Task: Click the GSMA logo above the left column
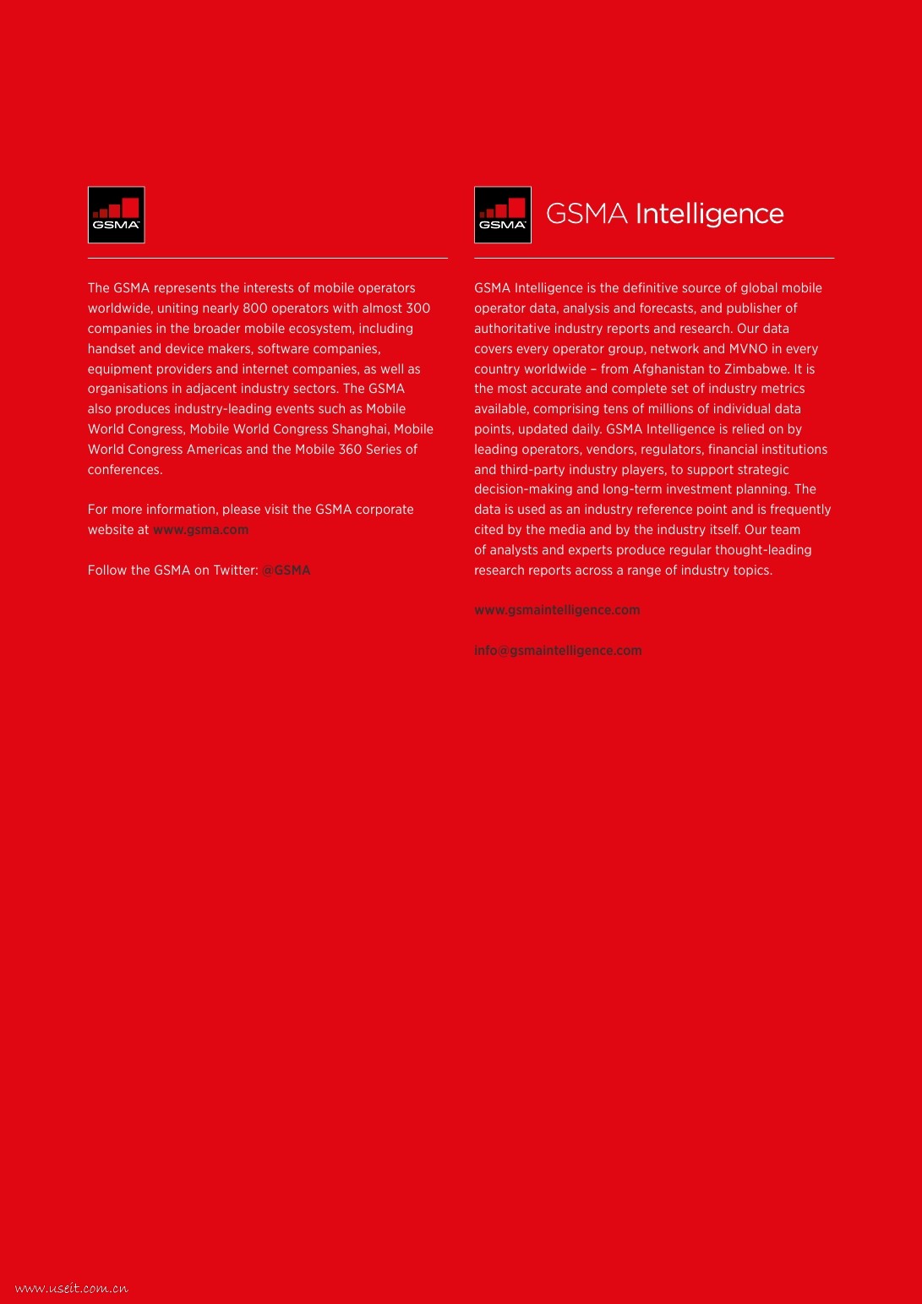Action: (117, 215)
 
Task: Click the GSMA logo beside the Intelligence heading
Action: (503, 215)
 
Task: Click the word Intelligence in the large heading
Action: (709, 214)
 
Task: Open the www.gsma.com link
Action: (200, 530)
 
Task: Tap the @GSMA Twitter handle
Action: (286, 570)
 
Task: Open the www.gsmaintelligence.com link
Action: (557, 610)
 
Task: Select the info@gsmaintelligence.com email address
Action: (558, 651)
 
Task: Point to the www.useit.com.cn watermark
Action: (72, 1288)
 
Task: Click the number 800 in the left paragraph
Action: (255, 308)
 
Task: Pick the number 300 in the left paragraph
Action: (417, 308)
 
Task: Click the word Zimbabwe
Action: (756, 369)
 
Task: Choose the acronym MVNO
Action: (748, 349)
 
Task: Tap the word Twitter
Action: (235, 570)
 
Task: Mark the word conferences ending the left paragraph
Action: (124, 470)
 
